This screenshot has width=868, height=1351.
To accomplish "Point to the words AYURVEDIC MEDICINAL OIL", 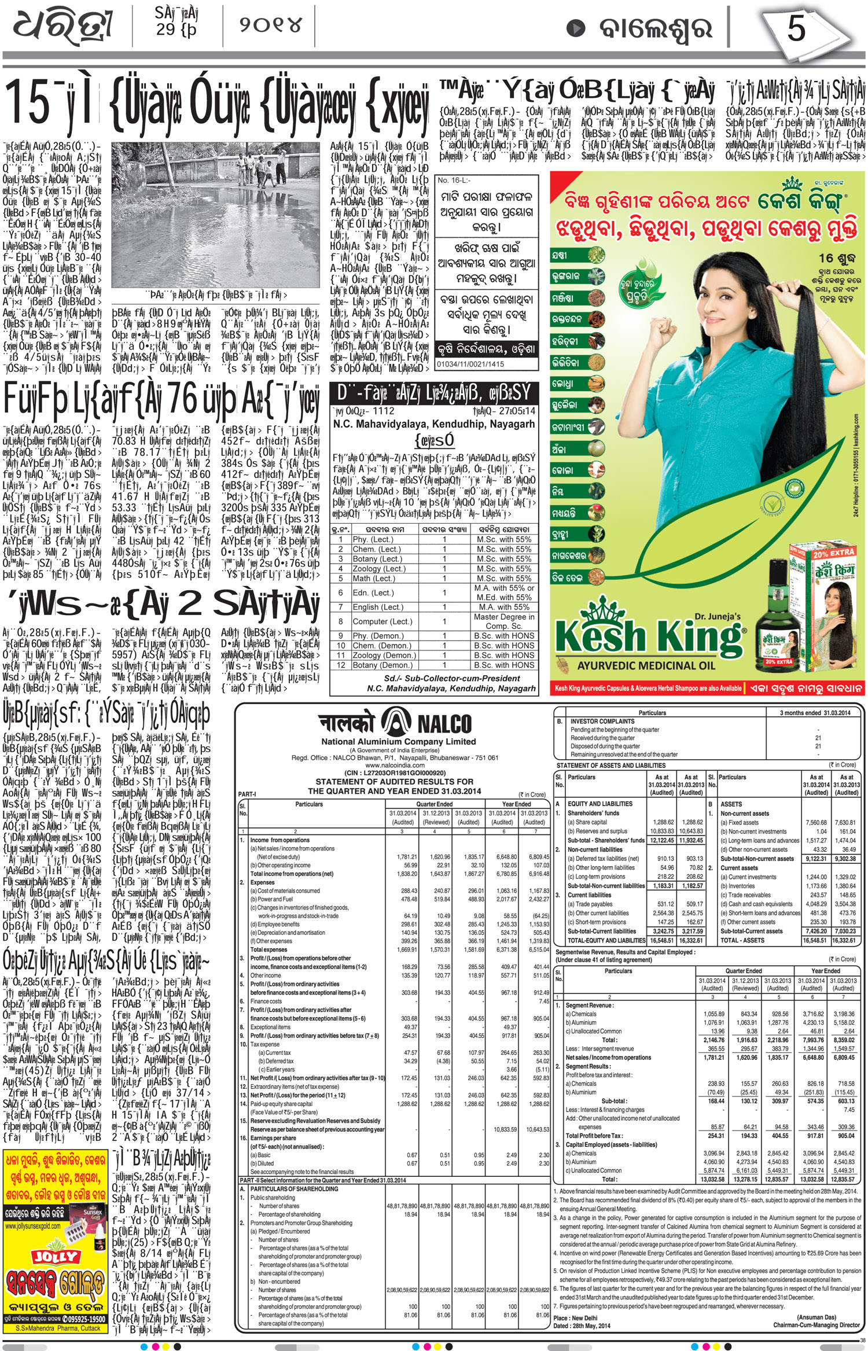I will tap(646, 666).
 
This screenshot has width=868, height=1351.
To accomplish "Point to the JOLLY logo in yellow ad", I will tap(56, 1257).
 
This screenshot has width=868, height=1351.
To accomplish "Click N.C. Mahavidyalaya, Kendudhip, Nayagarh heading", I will tap(434, 424).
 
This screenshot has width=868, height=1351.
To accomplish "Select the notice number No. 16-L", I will tap(451, 181).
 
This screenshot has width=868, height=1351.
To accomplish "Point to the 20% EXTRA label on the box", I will tap(833, 553).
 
